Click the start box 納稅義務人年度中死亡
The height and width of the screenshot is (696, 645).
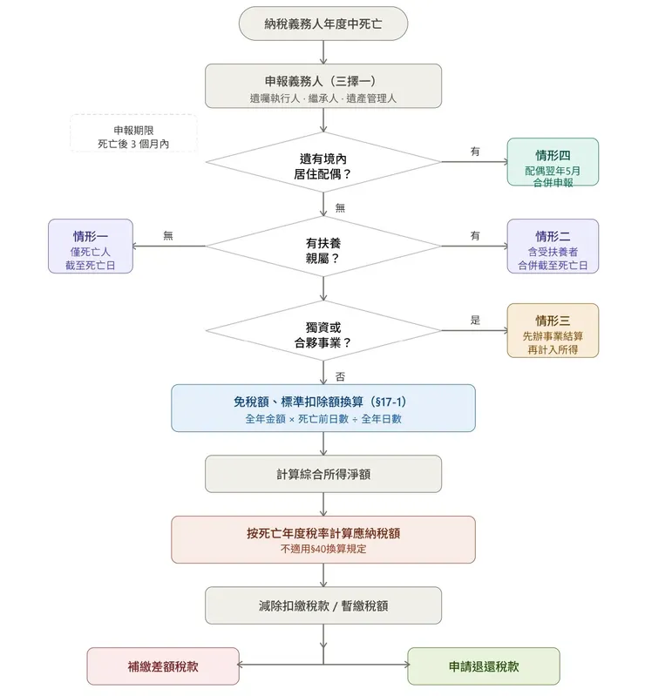(322, 24)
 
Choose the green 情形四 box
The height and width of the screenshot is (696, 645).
(553, 162)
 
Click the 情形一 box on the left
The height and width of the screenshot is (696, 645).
(91, 246)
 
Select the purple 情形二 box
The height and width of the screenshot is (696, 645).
(553, 246)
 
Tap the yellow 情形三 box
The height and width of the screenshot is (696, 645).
(553, 330)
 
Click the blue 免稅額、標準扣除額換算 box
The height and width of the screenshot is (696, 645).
(322, 408)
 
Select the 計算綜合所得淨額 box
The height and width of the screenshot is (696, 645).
(322, 474)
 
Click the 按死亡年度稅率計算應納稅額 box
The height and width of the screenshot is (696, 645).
(322, 539)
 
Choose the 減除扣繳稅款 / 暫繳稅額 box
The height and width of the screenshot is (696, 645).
(322, 605)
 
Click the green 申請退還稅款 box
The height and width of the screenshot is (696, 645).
(483, 666)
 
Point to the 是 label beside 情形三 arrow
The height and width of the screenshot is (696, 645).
(475, 320)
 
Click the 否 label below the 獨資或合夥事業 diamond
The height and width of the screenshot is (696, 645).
(340, 376)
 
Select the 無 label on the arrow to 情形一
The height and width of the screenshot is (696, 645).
(168, 235)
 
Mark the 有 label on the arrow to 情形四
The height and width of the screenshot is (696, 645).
(475, 152)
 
